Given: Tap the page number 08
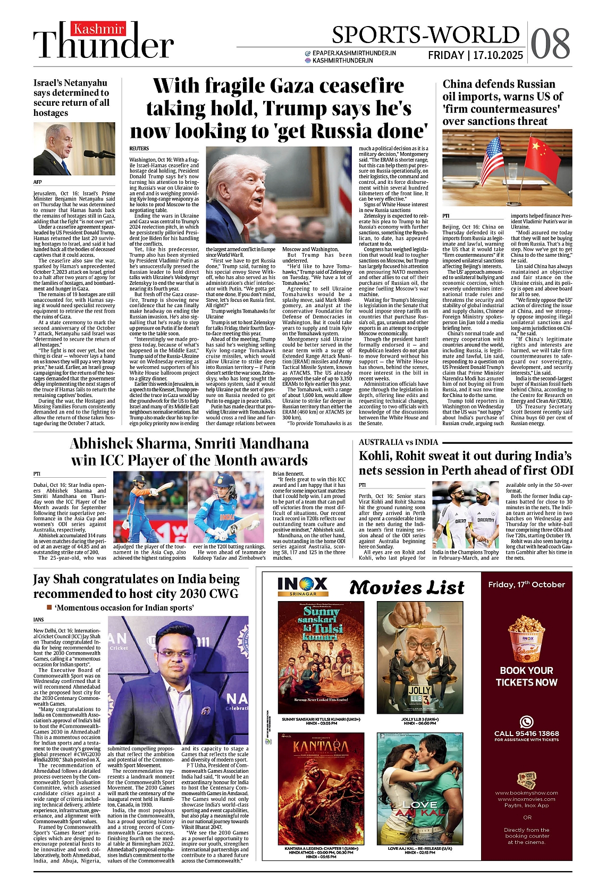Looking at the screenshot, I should click(550, 44).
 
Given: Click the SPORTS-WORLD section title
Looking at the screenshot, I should click(425, 35).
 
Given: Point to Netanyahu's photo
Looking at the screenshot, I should click(74, 149).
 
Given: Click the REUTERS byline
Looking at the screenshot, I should click(139, 148).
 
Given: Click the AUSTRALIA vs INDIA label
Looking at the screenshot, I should click(398, 442).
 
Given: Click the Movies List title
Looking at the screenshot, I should click(407, 587).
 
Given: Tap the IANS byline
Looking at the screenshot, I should click(38, 620).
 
